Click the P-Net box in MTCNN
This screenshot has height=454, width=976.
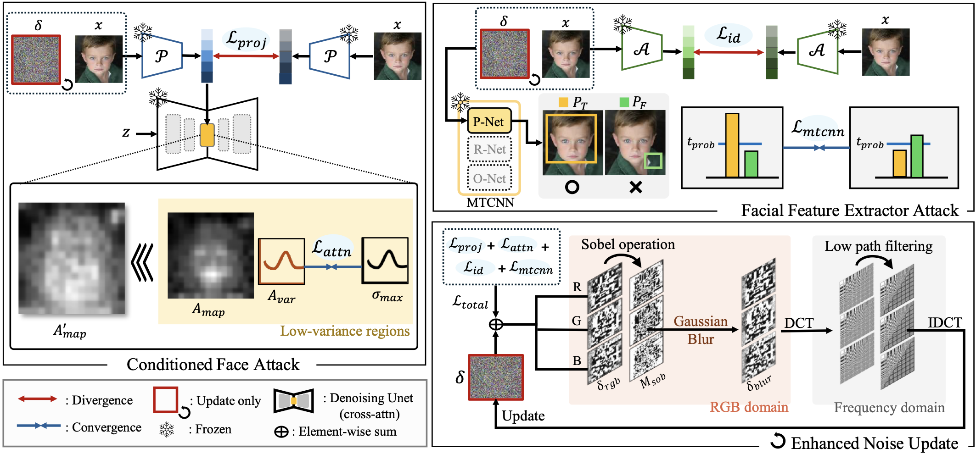(x=489, y=122)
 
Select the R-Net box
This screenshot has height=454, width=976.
(x=489, y=149)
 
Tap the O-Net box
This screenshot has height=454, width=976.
(x=489, y=178)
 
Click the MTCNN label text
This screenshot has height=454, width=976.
(x=490, y=203)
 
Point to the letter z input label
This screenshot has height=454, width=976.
(x=126, y=133)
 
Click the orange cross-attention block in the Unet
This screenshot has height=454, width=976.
(x=207, y=135)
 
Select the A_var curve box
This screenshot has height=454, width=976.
(x=281, y=261)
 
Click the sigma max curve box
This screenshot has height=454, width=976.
(x=385, y=260)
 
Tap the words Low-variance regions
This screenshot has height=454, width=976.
(x=345, y=331)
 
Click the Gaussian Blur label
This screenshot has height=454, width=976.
(x=701, y=330)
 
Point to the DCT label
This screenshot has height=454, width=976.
(x=798, y=323)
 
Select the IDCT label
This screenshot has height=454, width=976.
(x=945, y=323)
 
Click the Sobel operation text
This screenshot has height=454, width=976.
(x=628, y=244)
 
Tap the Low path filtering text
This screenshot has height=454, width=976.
(x=878, y=246)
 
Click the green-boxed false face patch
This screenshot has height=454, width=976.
(x=653, y=161)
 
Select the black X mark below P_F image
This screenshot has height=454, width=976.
(x=636, y=187)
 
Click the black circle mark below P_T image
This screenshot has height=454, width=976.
(x=572, y=187)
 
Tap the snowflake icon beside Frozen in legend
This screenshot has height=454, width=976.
(x=167, y=430)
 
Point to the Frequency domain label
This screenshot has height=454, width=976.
(x=889, y=408)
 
